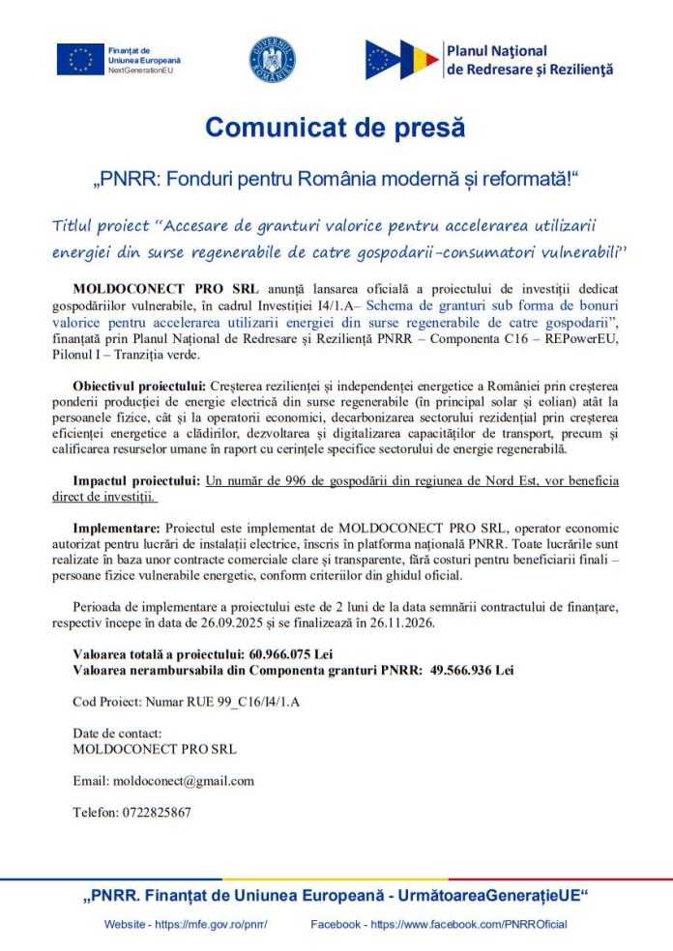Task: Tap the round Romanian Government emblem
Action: click(x=272, y=60)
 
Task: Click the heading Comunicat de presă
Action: click(x=336, y=127)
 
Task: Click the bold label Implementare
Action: click(x=117, y=528)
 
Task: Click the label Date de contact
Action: click(x=117, y=734)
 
